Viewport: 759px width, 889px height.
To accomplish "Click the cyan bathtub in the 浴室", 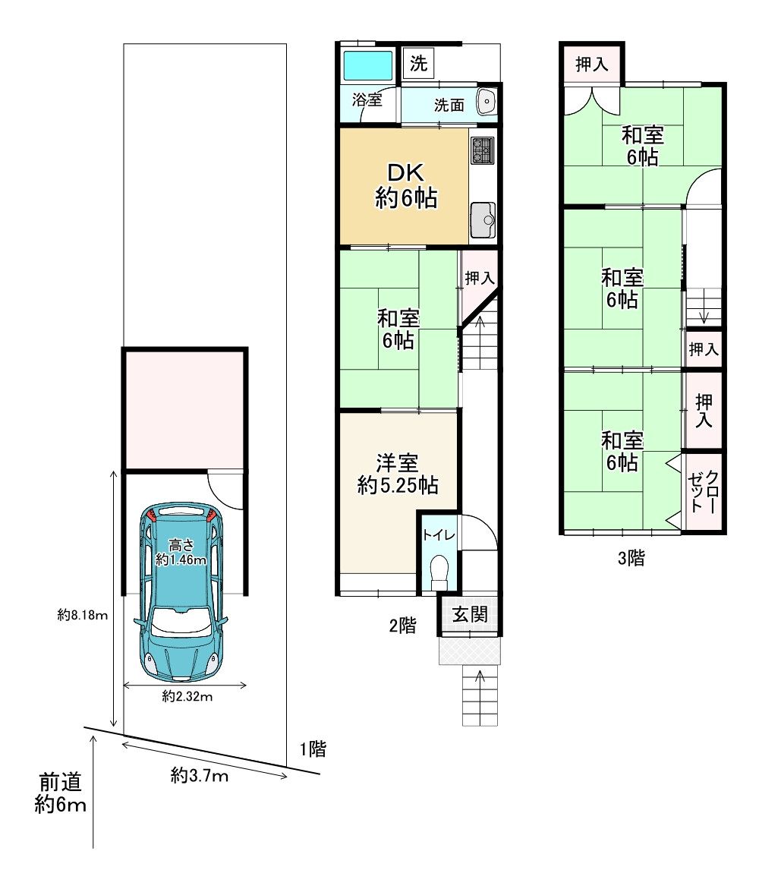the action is [x=368, y=65].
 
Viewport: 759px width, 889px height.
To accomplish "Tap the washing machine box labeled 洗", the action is [x=418, y=63].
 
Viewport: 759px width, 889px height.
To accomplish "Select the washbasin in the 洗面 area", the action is [x=486, y=102].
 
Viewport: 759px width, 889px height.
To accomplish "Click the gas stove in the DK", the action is [x=483, y=150].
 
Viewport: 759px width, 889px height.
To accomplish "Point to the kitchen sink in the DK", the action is [x=483, y=220].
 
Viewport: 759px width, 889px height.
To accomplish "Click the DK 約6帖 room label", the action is [x=406, y=185].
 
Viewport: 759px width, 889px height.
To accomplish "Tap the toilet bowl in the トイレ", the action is [x=439, y=572].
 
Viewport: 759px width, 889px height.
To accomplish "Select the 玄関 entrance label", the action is [x=470, y=614].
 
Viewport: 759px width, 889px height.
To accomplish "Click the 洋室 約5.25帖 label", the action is [x=398, y=474].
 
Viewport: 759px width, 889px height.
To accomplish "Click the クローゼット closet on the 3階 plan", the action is [x=703, y=491].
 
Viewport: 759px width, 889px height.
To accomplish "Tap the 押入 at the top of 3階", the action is [x=592, y=64].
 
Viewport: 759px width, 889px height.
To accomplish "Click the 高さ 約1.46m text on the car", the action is [x=181, y=553].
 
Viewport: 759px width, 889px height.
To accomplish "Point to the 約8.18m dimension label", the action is [x=82, y=615].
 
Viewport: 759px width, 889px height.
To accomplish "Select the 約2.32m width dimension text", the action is [x=187, y=696].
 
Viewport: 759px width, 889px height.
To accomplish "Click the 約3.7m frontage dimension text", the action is [x=200, y=775].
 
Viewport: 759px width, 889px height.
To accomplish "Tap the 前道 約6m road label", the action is [x=60, y=793].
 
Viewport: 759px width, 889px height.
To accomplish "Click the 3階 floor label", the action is [x=631, y=558].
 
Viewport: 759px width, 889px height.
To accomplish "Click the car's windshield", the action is [x=181, y=621].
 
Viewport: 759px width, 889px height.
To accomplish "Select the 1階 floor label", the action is [x=313, y=749].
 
